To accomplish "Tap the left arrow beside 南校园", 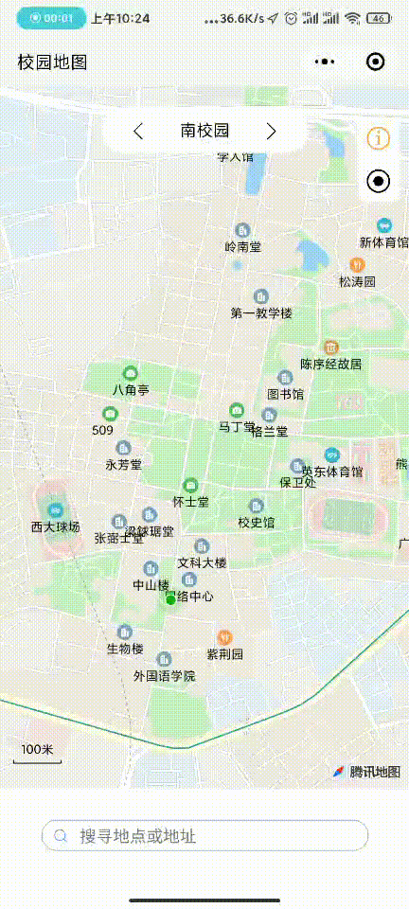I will pos(138,131).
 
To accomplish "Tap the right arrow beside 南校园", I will pos(272,131).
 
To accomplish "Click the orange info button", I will pos(378,138).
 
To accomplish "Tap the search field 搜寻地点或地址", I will pos(204,836).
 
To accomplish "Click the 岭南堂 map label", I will pos(243,246).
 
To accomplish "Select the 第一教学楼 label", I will pos(261,312).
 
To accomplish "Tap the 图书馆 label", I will pos(285,394).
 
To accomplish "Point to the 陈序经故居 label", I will pos(330,364).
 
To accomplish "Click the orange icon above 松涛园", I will pos(358,264).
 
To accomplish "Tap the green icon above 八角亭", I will pos(131,373).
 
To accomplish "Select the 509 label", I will pos(103,430).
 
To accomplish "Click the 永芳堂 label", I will pos(123,464).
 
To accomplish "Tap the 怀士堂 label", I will pos(190,501).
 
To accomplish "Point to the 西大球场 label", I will pos(55,526).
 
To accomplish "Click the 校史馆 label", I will pos(256,522).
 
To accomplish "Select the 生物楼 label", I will pos(125,649).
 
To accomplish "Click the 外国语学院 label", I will pos(164,676).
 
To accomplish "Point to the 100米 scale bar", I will pos(37,753).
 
